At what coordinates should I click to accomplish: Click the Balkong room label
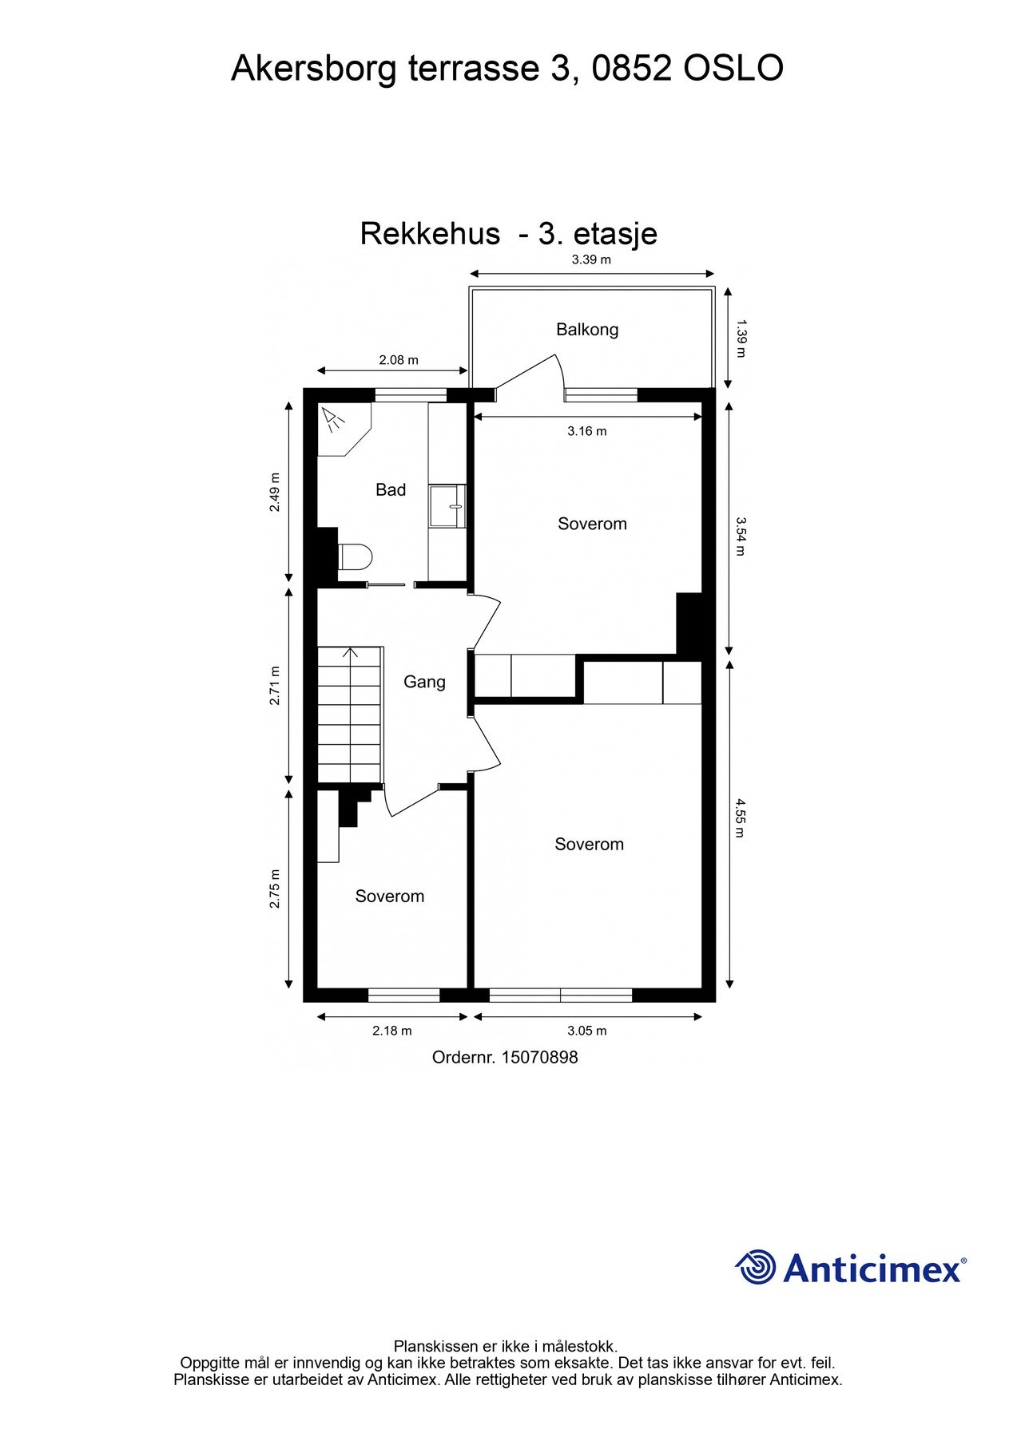pyautogui.click(x=587, y=329)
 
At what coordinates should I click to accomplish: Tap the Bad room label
pyautogui.click(x=391, y=489)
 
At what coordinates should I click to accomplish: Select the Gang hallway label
pyautogui.click(x=424, y=682)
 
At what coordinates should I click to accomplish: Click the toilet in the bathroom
pyautogui.click(x=356, y=556)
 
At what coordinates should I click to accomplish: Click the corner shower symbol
pyautogui.click(x=334, y=418)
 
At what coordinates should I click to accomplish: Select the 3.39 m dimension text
pyautogui.click(x=591, y=259)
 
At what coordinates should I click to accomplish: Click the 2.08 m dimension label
pyautogui.click(x=399, y=360)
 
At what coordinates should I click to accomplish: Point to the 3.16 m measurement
pyautogui.click(x=587, y=431)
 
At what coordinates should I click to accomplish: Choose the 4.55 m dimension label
pyautogui.click(x=740, y=817)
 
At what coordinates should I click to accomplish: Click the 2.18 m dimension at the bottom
pyautogui.click(x=392, y=1031)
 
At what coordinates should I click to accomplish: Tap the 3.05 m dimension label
pyautogui.click(x=587, y=1031)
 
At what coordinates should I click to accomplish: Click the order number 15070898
pyautogui.click(x=539, y=1058)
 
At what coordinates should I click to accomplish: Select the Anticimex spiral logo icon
pyautogui.click(x=756, y=1267)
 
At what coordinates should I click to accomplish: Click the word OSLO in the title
pyautogui.click(x=733, y=69)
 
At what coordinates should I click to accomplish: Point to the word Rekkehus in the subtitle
pyautogui.click(x=430, y=234)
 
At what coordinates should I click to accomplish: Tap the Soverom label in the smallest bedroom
pyautogui.click(x=390, y=897)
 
